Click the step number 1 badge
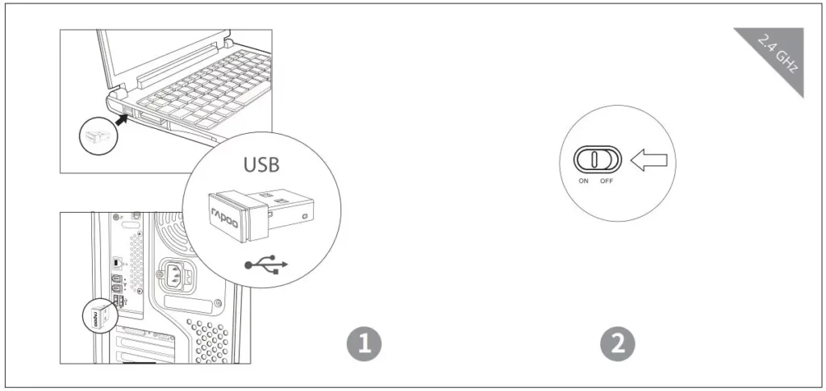(364, 343)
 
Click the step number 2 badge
(618, 343)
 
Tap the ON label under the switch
(583, 181)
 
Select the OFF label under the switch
(607, 181)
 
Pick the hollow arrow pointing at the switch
(649, 160)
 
